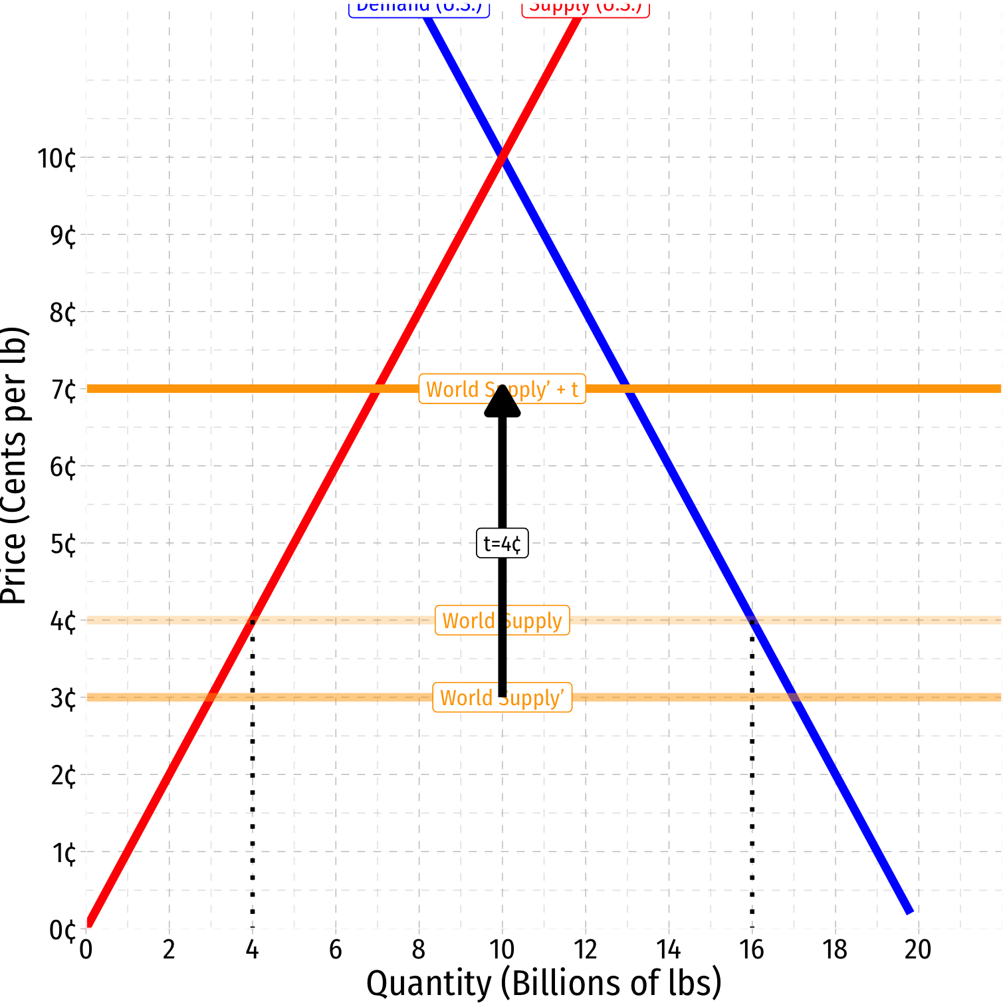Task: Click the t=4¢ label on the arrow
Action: [x=502, y=544]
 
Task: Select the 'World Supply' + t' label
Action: [x=502, y=389]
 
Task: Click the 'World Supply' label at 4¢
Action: [x=502, y=620]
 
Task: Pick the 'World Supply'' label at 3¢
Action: [x=502, y=697]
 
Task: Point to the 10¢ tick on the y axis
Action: [x=56, y=159]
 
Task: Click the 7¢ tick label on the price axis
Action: [x=63, y=390]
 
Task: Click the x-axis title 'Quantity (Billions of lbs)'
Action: [x=544, y=983]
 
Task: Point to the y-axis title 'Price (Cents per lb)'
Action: [x=15, y=465]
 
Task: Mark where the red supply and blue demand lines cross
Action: [x=502, y=157]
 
